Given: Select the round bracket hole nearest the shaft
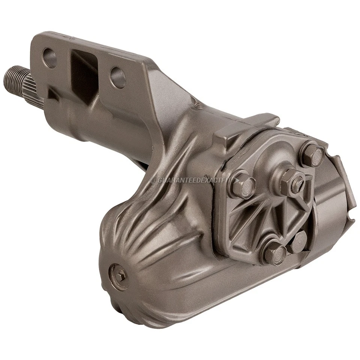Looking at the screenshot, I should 49,58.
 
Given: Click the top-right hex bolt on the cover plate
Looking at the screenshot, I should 313,155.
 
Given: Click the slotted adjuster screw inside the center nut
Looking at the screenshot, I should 298,182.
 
